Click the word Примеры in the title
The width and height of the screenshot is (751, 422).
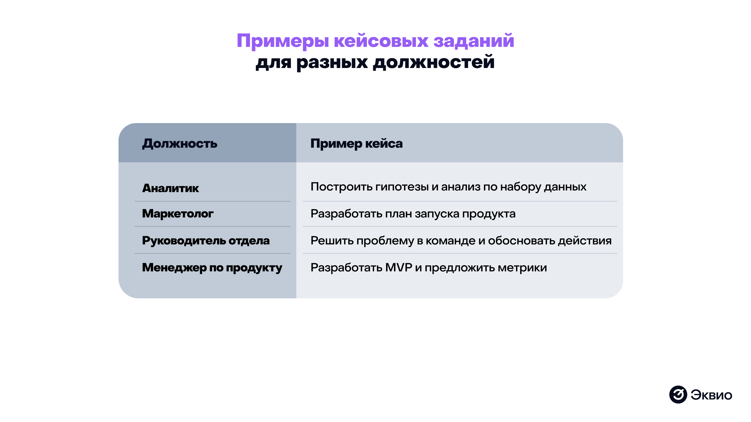point(283,41)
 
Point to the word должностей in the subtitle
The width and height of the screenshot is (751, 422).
point(434,62)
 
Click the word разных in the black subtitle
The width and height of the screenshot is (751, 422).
point(332,62)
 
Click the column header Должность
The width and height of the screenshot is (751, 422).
point(180,144)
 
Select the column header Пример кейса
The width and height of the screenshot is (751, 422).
point(356,144)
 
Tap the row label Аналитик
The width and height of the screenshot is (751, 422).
point(170,188)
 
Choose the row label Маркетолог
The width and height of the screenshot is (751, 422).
point(177,214)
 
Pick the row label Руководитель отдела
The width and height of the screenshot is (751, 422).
point(206,241)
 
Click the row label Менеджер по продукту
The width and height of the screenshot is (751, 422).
point(212,268)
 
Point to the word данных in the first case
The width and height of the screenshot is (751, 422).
point(565,187)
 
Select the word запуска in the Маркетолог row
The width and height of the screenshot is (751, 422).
point(437,214)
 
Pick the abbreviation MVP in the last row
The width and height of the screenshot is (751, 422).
point(398,268)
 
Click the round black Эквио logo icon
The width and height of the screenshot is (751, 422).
point(678,394)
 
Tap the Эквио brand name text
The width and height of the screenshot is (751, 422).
point(711,395)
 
